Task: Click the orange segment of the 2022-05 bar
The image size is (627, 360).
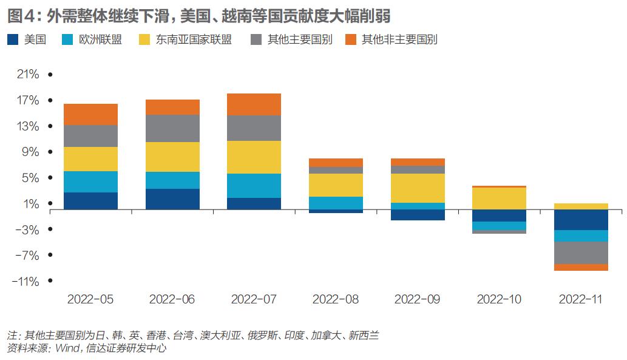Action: [x=90, y=114]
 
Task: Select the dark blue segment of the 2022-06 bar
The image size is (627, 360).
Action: [x=173, y=199]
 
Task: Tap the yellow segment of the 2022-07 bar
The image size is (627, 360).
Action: [x=254, y=157]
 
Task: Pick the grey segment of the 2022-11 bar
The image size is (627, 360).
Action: [x=581, y=253]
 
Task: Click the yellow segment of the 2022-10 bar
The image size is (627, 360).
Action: [x=499, y=199]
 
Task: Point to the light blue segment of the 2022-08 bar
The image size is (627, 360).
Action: [x=336, y=203]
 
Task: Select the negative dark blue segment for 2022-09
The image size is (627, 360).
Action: [x=418, y=214]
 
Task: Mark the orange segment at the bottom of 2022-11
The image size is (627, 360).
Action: [x=581, y=267]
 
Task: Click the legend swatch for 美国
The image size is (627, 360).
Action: [x=13, y=40]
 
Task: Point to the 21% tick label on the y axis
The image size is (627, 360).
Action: [x=28, y=74]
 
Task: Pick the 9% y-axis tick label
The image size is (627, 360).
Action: [x=30, y=152]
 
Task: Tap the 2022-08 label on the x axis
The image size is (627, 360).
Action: [x=336, y=299]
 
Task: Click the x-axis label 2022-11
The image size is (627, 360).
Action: [x=581, y=299]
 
